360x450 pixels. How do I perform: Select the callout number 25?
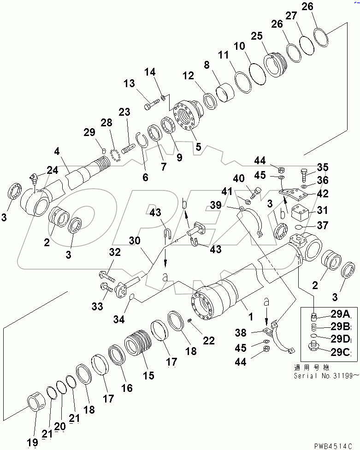pos(256,36)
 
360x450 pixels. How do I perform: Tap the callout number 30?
pos(134,240)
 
